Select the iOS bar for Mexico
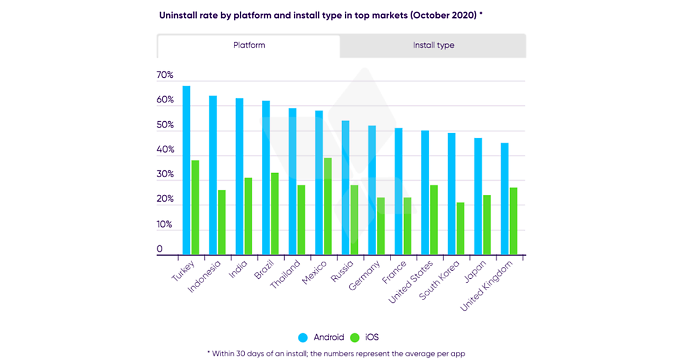[x=328, y=206]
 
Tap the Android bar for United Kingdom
[x=505, y=199]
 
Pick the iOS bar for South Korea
[x=460, y=229]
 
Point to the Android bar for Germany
[x=372, y=190]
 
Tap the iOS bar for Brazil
[x=274, y=214]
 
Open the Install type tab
[x=433, y=45]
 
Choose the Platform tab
[x=249, y=45]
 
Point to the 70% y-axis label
[x=165, y=75]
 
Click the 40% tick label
[x=165, y=150]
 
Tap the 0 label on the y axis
[x=160, y=250]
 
